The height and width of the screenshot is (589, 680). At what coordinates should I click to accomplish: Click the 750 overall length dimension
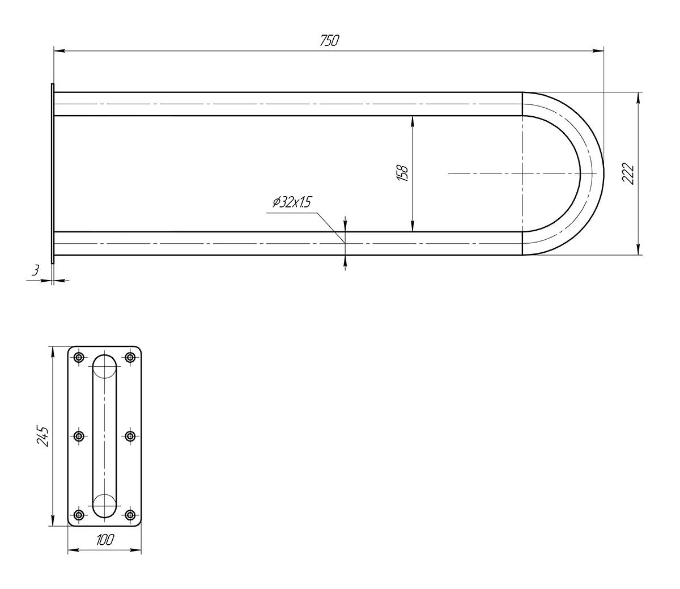[x=329, y=40]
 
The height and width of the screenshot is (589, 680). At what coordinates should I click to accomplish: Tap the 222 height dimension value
[x=628, y=173]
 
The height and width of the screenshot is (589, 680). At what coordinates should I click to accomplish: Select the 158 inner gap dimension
[x=402, y=173]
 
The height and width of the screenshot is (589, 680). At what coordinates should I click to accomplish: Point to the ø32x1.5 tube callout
[x=291, y=202]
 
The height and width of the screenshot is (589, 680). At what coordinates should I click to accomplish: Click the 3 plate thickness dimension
[x=35, y=270]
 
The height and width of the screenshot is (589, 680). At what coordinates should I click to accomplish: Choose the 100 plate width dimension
[x=105, y=540]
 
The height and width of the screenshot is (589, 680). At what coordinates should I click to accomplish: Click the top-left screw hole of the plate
[x=79, y=357]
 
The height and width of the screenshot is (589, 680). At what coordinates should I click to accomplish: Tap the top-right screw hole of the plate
[x=130, y=357]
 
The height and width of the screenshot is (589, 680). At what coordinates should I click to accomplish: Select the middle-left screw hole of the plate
[x=79, y=437]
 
